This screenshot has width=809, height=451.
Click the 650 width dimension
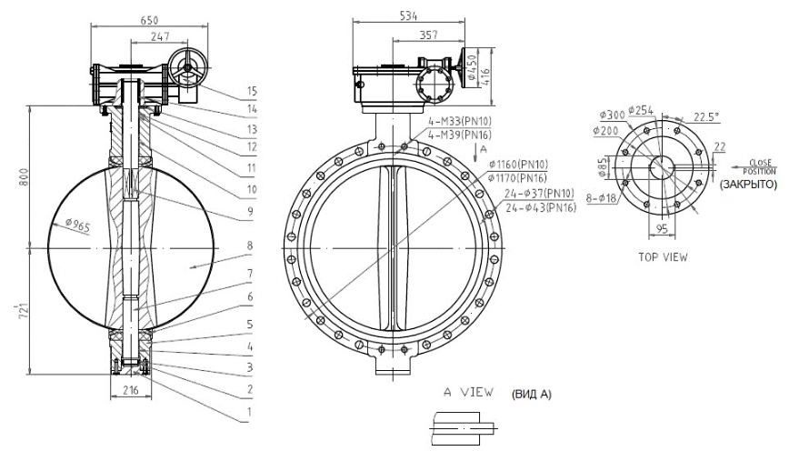[149, 20]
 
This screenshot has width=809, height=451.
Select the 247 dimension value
[160, 36]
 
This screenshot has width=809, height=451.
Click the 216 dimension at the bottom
[131, 390]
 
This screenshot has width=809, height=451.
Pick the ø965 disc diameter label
[78, 225]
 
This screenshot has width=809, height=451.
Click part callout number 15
[252, 91]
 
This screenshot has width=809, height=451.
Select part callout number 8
[250, 246]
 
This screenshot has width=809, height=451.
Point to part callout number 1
[250, 411]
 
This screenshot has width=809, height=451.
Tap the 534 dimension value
[408, 16]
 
